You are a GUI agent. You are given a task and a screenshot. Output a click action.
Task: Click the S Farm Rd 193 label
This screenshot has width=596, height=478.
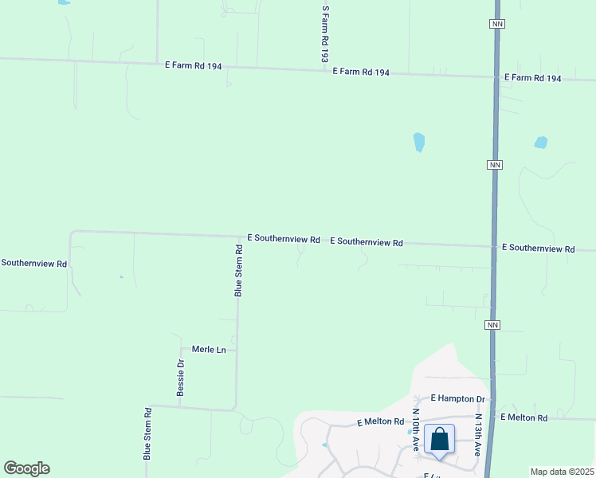point(324,35)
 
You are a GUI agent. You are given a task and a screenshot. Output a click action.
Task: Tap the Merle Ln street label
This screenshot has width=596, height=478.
point(210,350)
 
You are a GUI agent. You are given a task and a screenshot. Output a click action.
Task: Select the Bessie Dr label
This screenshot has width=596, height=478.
point(181,378)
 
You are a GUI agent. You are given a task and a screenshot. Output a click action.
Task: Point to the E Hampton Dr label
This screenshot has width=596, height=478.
point(458,398)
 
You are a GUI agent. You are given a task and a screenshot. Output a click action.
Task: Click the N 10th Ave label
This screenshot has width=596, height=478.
point(415,430)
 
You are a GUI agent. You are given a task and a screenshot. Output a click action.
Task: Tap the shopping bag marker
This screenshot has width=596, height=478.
point(439,440)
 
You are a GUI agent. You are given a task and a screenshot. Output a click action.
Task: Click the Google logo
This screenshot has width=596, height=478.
point(26,468)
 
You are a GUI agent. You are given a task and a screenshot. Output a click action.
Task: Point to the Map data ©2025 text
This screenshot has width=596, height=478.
point(561,472)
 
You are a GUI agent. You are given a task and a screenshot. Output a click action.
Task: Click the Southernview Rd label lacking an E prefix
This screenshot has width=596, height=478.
point(33,263)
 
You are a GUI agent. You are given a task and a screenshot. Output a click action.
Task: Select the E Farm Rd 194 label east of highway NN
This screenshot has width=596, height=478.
point(532,78)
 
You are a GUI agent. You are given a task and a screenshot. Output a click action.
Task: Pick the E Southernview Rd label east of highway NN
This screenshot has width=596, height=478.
point(538,249)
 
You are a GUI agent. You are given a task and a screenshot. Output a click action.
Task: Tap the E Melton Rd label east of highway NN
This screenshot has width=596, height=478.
point(523,417)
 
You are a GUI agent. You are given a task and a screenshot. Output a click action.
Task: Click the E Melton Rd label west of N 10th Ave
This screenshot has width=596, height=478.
point(380,421)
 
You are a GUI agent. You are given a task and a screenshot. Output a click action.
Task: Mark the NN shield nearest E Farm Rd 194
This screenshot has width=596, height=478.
point(497,25)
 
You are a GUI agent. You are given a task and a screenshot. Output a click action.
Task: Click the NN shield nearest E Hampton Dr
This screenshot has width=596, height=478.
point(492,325)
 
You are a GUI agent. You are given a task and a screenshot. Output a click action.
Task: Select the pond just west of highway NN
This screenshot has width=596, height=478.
point(418,143)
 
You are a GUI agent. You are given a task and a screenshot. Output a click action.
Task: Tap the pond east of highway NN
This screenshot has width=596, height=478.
point(540,143)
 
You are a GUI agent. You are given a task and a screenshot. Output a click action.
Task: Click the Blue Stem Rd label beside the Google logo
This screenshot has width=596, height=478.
point(147,434)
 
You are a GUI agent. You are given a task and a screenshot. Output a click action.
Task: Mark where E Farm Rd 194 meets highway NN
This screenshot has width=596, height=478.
point(496,77)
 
